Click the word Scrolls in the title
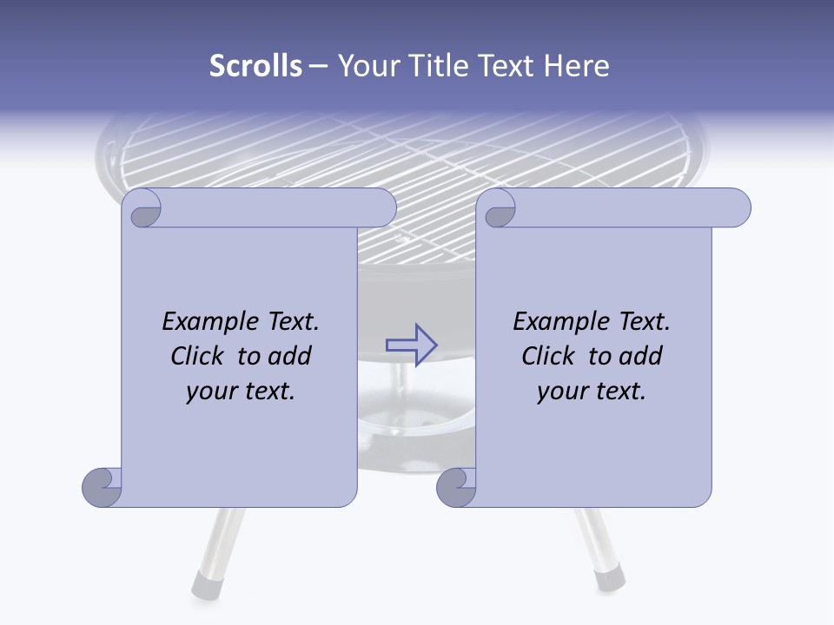255,66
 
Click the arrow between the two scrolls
411,345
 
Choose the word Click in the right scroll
548,356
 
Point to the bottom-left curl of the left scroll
103,487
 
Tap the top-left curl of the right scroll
499,211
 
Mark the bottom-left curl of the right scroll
456,487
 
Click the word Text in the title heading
512,66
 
